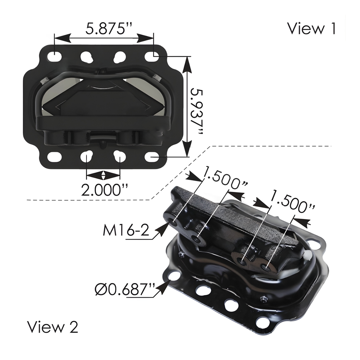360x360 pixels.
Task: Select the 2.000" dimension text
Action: [104, 190]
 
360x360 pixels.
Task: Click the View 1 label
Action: [311, 28]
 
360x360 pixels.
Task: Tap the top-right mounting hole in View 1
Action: [151, 56]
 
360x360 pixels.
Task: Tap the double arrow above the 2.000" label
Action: [103, 175]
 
